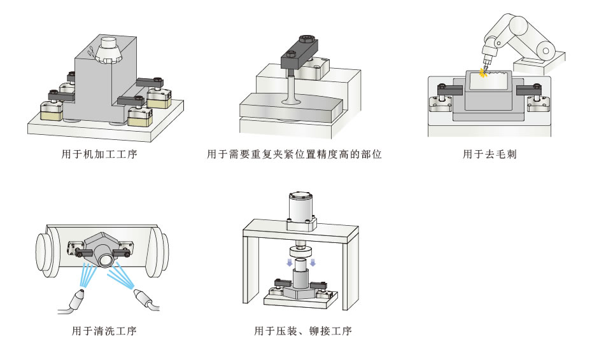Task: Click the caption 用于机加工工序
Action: (106, 154)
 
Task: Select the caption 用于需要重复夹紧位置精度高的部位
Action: (294, 154)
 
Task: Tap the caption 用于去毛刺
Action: (489, 154)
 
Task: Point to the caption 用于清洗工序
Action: (104, 331)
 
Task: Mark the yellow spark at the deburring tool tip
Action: (483, 74)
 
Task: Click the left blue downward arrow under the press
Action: (288, 262)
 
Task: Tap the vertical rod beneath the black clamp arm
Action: (290, 86)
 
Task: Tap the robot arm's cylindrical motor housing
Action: (546, 48)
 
